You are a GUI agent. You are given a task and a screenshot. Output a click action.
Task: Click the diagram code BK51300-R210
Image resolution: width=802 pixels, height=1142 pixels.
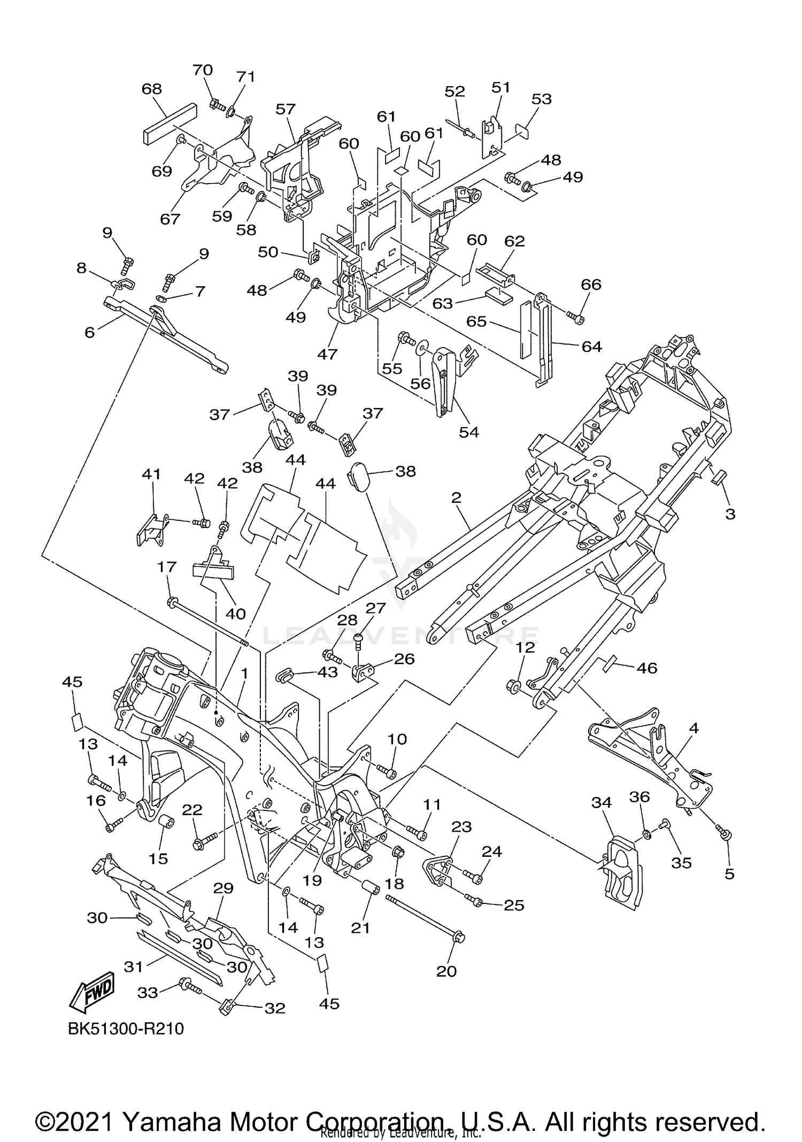pyautogui.click(x=126, y=1029)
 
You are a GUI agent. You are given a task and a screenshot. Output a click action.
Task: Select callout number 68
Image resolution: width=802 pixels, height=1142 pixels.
pyautogui.click(x=152, y=89)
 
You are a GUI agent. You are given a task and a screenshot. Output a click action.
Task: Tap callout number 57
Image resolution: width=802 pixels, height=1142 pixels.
pyautogui.click(x=286, y=109)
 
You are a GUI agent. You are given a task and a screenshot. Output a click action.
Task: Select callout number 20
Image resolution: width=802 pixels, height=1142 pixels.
pyautogui.click(x=446, y=970)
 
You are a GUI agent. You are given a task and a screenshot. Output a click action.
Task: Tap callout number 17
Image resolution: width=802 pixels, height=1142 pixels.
pyautogui.click(x=167, y=567)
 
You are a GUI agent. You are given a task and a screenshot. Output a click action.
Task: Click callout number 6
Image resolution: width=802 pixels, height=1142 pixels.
pyautogui.click(x=90, y=332)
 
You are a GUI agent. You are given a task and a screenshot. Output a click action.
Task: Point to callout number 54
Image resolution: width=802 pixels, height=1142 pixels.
pyautogui.click(x=469, y=432)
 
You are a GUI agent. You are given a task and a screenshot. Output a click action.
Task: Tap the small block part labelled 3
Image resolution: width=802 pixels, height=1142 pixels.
pyautogui.click(x=717, y=476)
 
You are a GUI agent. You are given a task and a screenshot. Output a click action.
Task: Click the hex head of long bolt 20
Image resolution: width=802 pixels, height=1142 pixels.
pyautogui.click(x=459, y=938)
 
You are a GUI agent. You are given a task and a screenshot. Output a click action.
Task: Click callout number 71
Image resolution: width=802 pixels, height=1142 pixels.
pyautogui.click(x=246, y=77)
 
